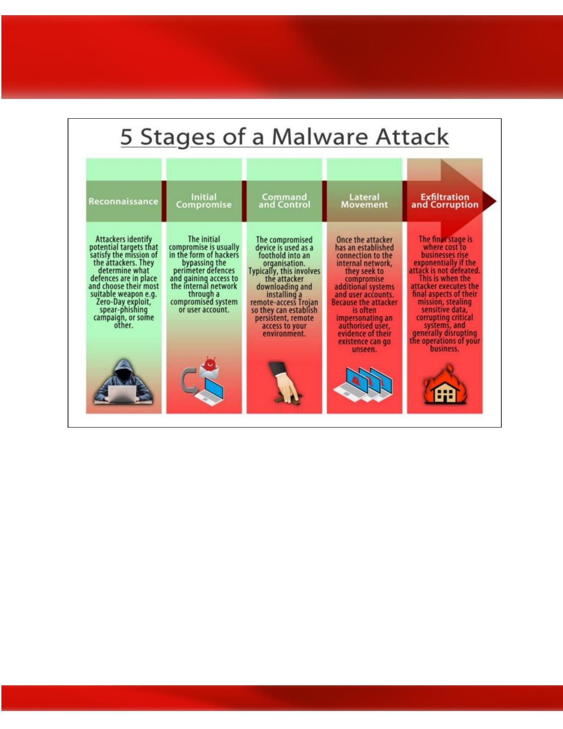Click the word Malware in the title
tap(320, 137)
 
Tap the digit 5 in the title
tap(126, 137)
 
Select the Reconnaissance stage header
tap(123, 201)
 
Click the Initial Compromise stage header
tap(204, 201)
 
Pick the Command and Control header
tap(284, 201)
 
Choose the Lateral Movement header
tap(364, 201)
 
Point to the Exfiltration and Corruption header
tap(445, 201)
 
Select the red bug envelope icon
tap(209, 367)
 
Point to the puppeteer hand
tap(284, 382)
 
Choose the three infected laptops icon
tap(363, 384)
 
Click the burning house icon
tap(445, 384)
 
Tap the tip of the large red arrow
tap(497, 201)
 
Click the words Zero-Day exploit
tap(123, 301)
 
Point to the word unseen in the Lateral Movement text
tap(364, 349)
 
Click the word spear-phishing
tap(123, 310)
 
